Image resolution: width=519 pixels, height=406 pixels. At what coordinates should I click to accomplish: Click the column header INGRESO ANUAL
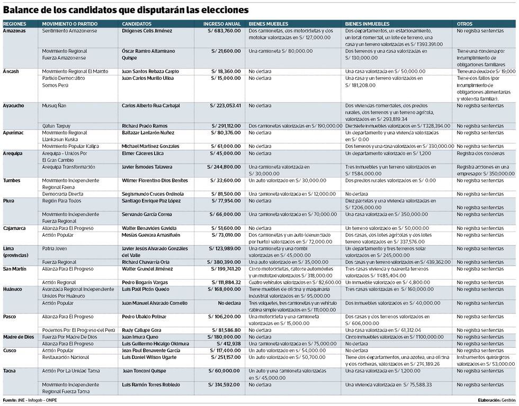(x=222, y=24)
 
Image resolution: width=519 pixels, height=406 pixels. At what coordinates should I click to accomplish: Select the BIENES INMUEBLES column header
(x=367, y=24)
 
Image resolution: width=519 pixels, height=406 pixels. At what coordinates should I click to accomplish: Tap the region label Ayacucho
(x=13, y=106)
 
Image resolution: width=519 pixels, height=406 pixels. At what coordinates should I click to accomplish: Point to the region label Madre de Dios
(x=19, y=337)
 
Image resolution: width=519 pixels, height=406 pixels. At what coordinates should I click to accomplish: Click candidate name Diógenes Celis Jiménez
(x=147, y=31)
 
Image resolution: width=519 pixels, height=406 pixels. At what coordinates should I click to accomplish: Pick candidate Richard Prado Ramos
(x=145, y=126)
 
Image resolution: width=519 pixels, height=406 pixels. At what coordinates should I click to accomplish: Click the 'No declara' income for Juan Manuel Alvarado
(x=229, y=303)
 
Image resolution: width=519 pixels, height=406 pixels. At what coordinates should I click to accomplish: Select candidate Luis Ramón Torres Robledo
(x=151, y=384)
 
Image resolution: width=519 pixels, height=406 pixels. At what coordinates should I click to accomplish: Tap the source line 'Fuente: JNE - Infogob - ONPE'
(x=30, y=400)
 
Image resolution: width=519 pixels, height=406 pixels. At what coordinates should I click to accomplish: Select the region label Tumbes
(x=12, y=180)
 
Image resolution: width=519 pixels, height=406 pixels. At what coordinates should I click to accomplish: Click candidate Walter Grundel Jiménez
(x=148, y=269)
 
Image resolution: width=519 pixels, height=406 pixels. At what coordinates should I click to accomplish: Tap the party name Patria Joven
(x=57, y=248)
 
